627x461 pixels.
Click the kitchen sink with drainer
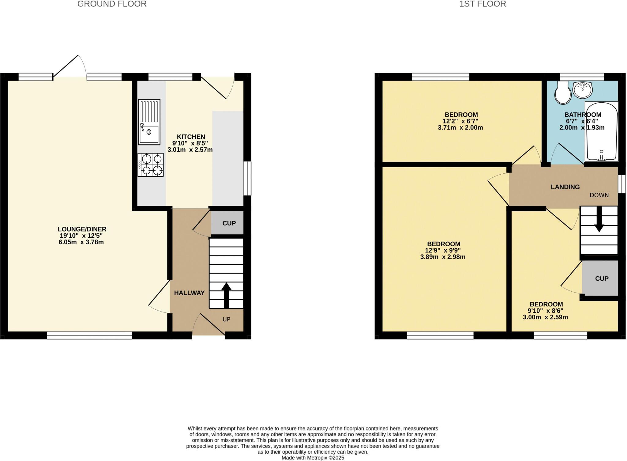click(x=149, y=122)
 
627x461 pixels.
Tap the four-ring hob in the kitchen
click(x=150, y=165)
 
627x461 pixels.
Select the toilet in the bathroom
click(x=563, y=93)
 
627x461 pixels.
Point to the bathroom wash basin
click(x=582, y=90)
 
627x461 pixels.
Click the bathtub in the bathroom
click(x=602, y=131)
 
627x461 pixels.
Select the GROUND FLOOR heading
click(x=112, y=4)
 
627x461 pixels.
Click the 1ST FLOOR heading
click(x=482, y=4)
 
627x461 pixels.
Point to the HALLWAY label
click(x=189, y=293)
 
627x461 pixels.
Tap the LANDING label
click(x=565, y=187)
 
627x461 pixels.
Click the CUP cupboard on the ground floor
click(x=229, y=223)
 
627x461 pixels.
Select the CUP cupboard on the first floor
click(x=601, y=278)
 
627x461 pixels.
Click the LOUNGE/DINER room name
click(x=82, y=229)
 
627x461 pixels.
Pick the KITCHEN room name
click(x=191, y=137)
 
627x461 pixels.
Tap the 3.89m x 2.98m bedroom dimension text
click(x=443, y=257)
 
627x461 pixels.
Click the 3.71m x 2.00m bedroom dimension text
click(x=460, y=128)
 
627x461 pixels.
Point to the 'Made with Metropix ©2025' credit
click(x=313, y=458)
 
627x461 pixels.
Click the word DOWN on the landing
click(x=599, y=195)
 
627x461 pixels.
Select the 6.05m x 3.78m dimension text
click(x=81, y=242)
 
